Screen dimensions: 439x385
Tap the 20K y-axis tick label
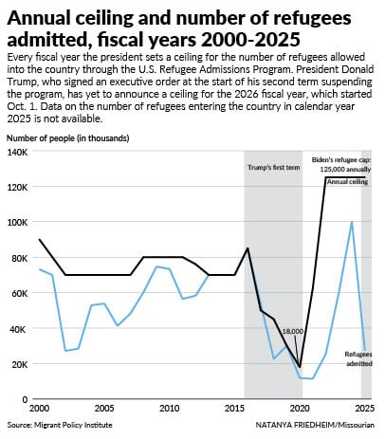click(19, 364)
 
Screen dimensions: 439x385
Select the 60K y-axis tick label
click(19, 294)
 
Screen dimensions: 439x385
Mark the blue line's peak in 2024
click(353, 222)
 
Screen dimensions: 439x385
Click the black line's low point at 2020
click(300, 367)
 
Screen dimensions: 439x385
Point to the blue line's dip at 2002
click(64, 351)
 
